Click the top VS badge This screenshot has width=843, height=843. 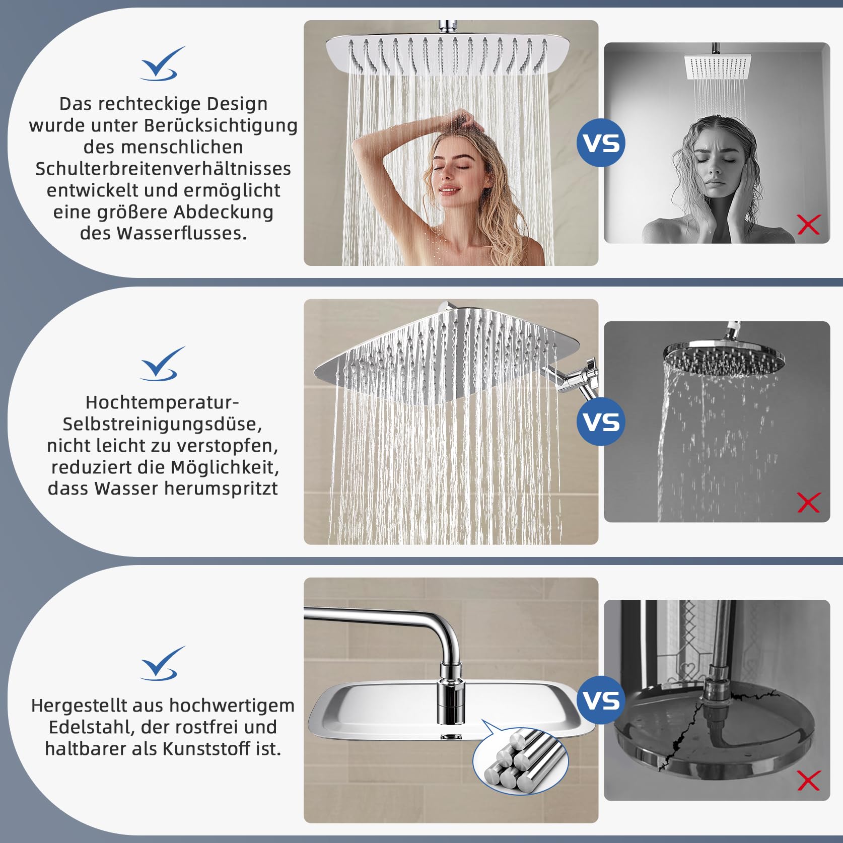(601, 143)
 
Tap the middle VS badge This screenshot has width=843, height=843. (601, 421)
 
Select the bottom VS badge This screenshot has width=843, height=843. (601, 700)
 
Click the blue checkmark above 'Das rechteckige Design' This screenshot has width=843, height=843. (162, 64)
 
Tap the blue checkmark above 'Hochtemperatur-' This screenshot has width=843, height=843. (162, 363)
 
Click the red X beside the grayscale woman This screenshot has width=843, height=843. (809, 225)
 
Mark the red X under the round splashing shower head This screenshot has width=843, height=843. (809, 503)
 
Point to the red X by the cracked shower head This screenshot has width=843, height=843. (809, 781)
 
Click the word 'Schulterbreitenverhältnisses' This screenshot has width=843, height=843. (163, 169)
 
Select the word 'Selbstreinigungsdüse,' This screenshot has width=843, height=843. (162, 424)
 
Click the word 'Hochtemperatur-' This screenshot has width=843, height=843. (162, 402)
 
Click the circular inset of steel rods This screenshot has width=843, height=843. (521, 761)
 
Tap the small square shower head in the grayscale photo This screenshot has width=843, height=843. (717, 66)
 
